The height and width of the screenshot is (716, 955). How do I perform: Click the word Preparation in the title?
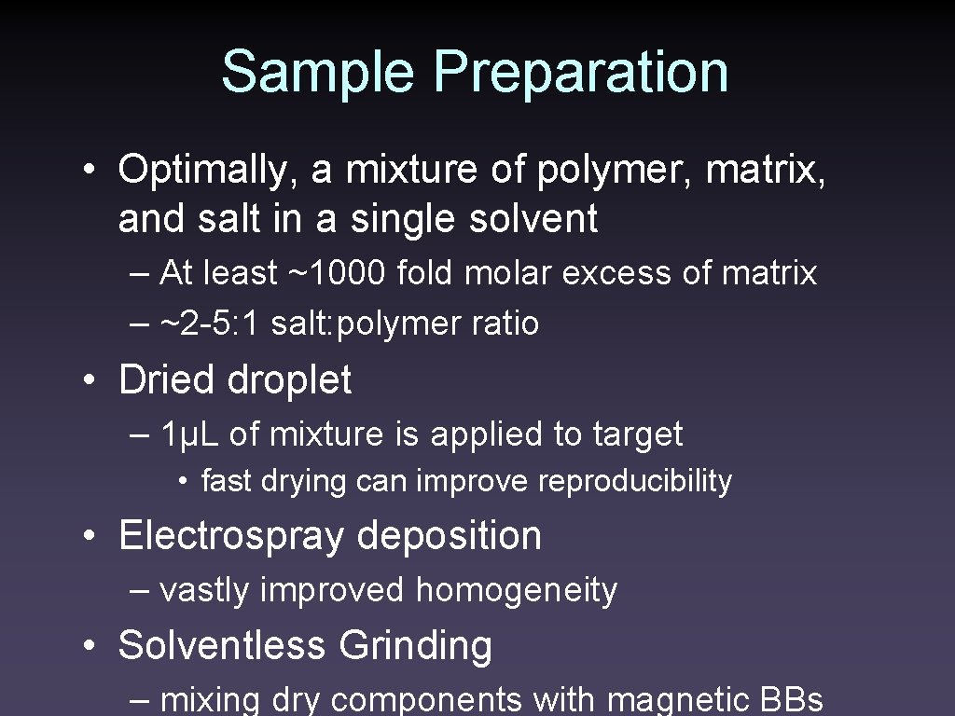(581, 74)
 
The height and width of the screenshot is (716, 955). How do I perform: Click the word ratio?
(505, 324)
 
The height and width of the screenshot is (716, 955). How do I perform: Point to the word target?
(637, 434)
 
